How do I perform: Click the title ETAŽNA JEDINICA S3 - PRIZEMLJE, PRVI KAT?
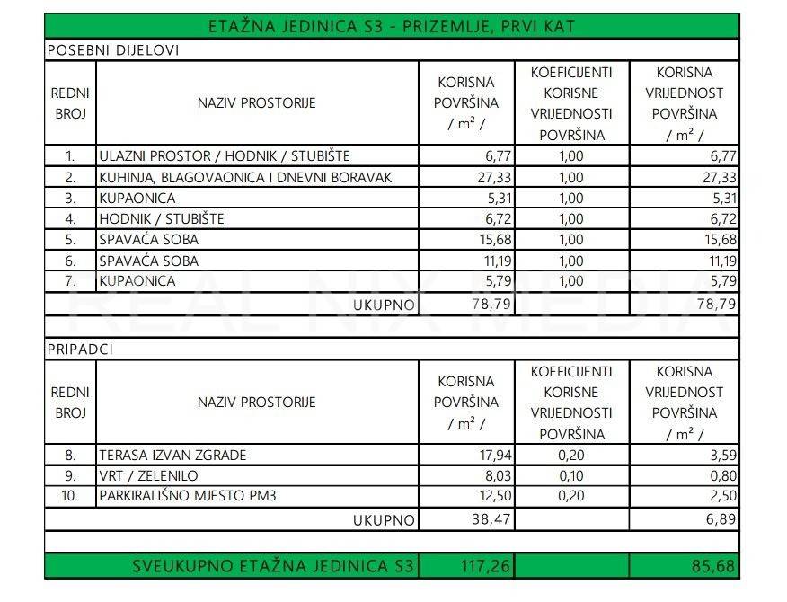(x=392, y=25)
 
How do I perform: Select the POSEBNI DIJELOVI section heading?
(x=112, y=50)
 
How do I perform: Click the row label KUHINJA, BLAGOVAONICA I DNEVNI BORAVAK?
(x=246, y=178)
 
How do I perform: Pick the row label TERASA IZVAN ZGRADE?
(x=173, y=456)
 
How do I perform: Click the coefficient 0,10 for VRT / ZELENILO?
(x=571, y=476)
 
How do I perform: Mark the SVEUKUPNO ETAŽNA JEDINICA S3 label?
(x=273, y=567)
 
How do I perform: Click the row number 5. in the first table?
(x=70, y=240)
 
